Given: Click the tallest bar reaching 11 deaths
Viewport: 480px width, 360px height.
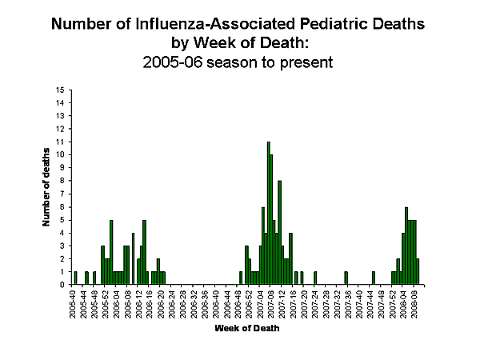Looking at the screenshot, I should pos(268,213).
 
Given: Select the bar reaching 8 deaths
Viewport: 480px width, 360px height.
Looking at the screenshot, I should pos(279,232).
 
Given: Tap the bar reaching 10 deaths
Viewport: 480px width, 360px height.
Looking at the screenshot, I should pos(271,219).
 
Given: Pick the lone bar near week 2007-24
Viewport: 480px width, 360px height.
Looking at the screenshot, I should pos(315,278).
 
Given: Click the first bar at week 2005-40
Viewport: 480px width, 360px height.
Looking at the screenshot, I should pos(75,278).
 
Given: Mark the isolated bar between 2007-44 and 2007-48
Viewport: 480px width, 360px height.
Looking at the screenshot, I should pos(374,278).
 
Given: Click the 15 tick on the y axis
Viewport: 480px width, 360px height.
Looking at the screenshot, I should pos(61,90).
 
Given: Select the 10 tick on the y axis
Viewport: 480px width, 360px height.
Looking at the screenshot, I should pos(61,154).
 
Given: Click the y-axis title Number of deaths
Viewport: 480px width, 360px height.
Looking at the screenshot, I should pos(46,187).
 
